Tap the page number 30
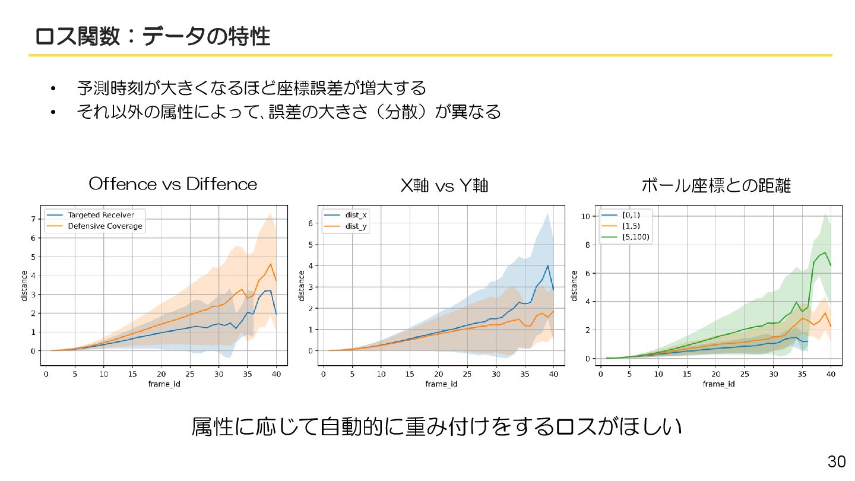coord(836,462)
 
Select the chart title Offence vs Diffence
coord(173,184)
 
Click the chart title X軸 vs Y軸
coord(444,186)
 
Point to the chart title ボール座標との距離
coord(716,186)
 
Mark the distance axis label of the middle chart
coord(302,285)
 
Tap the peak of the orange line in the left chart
coord(271,264)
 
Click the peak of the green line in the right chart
coord(825,252)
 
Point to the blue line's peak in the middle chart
coord(547,265)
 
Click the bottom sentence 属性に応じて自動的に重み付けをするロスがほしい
coord(436,427)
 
